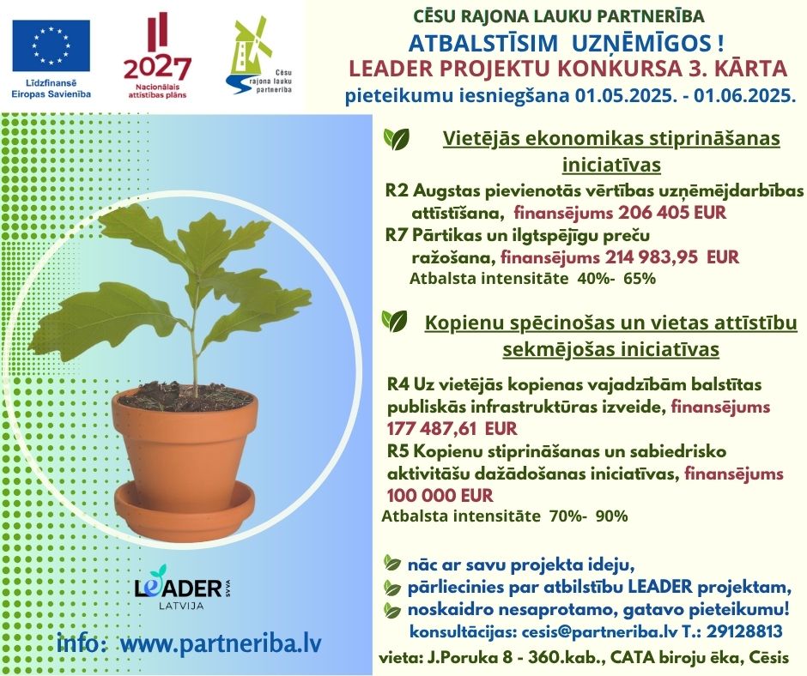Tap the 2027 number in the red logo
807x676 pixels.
coord(158,67)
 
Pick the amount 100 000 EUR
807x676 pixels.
coord(440,495)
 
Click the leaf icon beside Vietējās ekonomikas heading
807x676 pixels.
coord(396,137)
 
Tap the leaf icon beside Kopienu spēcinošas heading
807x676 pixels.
coord(394,322)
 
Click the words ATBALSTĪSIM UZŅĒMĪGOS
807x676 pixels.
coord(567,41)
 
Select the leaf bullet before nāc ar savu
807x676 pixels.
coord(392,564)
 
